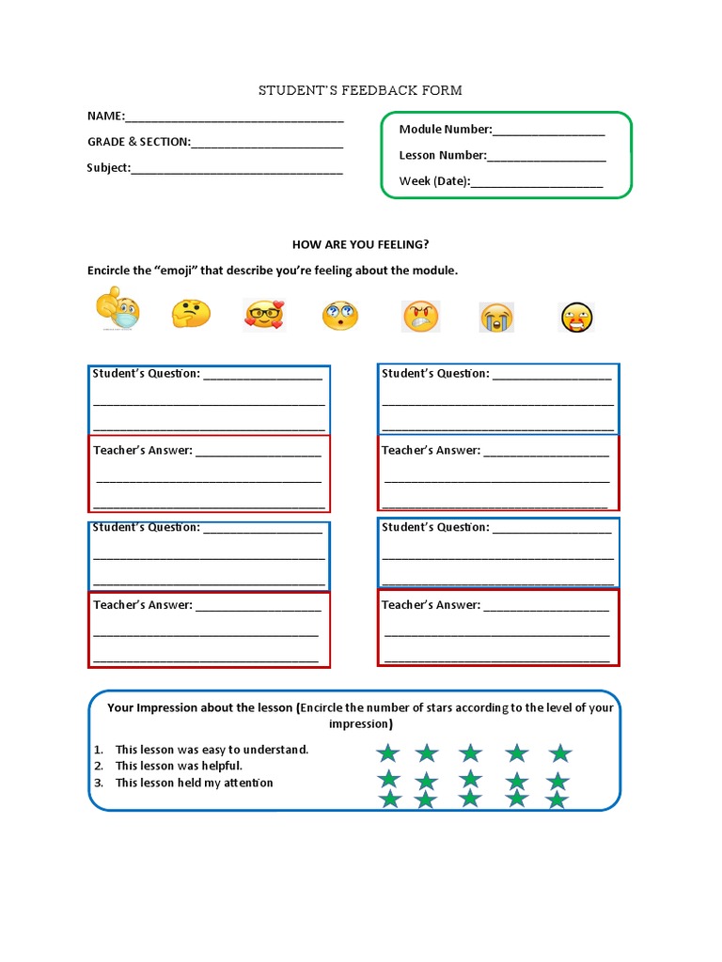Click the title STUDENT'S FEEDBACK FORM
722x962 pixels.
click(x=361, y=90)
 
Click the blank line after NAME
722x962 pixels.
click(x=234, y=117)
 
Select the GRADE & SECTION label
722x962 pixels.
click(x=138, y=142)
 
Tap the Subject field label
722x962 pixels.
click(x=108, y=168)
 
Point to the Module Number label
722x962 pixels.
click(x=445, y=130)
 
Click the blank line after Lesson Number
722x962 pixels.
click(x=546, y=157)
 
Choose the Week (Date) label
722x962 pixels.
click(x=433, y=181)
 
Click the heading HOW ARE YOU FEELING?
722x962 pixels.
click(x=361, y=244)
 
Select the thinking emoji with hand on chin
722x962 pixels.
click(x=191, y=314)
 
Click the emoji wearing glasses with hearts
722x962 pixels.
click(x=264, y=315)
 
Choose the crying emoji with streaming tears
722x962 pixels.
click(x=496, y=318)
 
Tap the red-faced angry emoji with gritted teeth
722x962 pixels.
click(x=420, y=316)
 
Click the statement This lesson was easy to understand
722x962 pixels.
click(x=212, y=750)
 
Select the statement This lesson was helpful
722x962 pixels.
click(x=179, y=766)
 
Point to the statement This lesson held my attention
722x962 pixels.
click(x=194, y=783)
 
